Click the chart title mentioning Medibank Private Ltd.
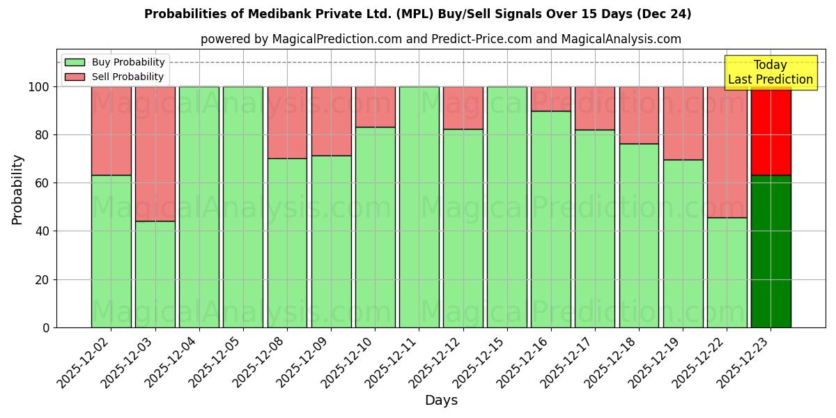click(417, 14)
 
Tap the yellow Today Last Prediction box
click(770, 72)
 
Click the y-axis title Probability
click(18, 189)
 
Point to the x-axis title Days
click(441, 401)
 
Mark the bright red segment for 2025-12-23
click(771, 131)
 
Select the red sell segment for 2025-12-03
click(155, 153)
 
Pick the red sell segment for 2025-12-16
click(550, 99)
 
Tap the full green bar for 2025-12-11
click(419, 207)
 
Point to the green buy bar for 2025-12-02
click(111, 251)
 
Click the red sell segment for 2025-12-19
click(683, 123)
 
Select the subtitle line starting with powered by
click(440, 39)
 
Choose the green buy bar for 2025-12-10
click(375, 227)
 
